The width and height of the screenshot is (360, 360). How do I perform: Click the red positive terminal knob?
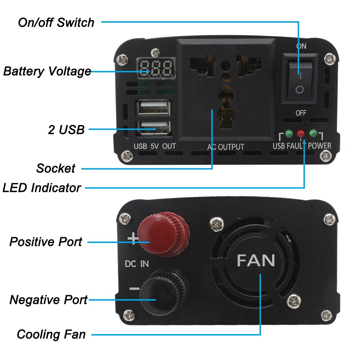click(x=164, y=233)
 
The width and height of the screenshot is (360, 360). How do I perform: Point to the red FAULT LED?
click(x=301, y=134)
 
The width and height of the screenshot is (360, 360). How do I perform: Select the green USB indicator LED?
click(x=289, y=134)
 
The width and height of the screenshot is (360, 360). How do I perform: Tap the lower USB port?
click(x=153, y=127)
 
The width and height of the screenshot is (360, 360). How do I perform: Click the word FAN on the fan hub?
click(x=256, y=260)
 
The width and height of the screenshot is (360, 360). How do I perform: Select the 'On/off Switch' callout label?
click(x=56, y=22)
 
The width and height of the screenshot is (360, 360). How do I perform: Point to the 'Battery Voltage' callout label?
click(x=47, y=71)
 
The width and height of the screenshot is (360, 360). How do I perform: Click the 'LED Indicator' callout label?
click(x=42, y=188)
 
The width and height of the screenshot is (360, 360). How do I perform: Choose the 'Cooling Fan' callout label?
click(x=51, y=334)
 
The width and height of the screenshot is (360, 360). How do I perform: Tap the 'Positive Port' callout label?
click(x=46, y=242)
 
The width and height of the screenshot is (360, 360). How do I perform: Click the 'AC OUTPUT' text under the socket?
click(x=226, y=147)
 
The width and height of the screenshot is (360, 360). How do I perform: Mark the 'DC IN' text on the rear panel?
click(x=136, y=264)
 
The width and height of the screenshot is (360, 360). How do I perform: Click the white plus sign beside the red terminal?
click(x=133, y=238)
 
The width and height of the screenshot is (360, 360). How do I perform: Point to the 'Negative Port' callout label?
click(x=48, y=300)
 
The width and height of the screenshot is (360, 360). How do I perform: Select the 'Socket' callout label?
click(x=56, y=168)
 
